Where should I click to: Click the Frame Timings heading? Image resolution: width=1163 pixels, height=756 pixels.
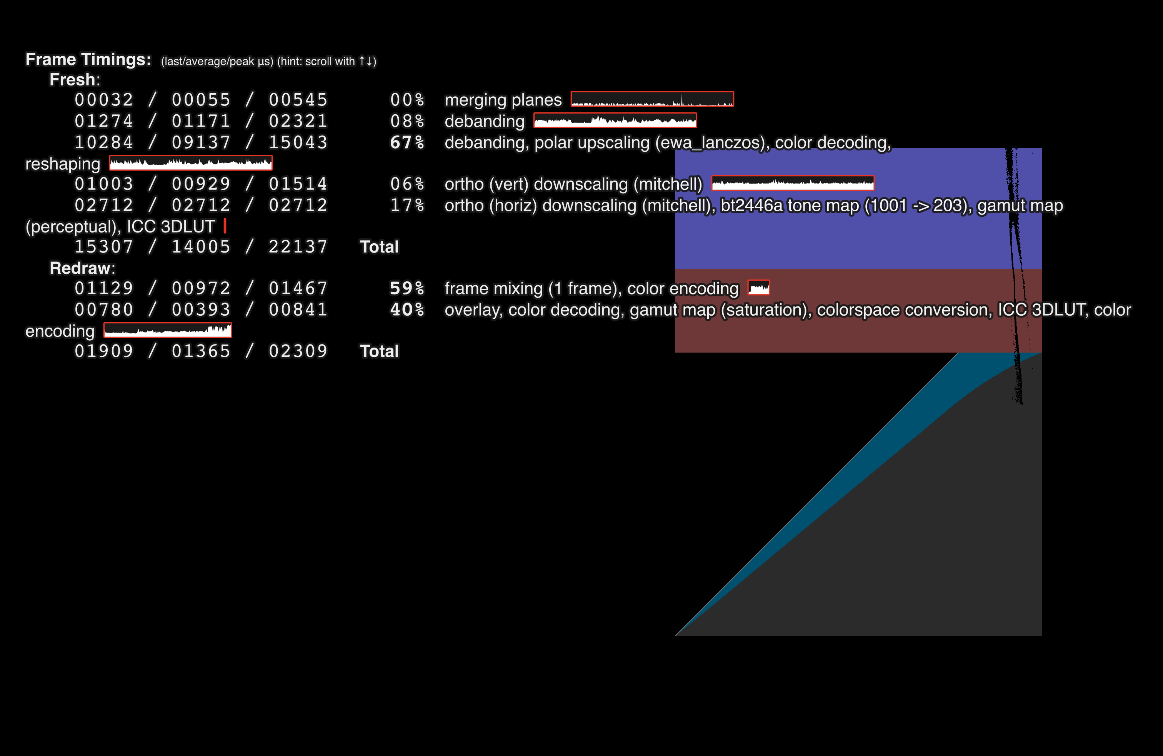[88, 59]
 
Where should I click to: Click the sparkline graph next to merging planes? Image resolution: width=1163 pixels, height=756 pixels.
[652, 99]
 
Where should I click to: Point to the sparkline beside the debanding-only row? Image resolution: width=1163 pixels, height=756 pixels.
[615, 120]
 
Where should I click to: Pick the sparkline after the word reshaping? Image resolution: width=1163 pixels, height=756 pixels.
[191, 163]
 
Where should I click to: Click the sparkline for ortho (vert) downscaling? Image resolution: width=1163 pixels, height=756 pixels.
[793, 183]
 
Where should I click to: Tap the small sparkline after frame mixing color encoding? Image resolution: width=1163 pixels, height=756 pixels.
[758, 288]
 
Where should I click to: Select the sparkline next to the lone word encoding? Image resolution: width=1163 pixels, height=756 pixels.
[168, 331]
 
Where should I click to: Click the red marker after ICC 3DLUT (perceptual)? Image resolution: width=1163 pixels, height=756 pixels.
[225, 226]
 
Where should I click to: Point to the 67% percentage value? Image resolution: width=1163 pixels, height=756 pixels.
[407, 142]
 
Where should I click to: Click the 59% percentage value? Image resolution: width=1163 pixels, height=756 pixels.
[407, 289]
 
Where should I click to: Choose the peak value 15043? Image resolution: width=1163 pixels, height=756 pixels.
[298, 142]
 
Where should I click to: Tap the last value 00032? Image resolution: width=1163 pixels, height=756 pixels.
[103, 100]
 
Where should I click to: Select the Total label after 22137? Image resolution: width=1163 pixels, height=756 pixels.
[379, 247]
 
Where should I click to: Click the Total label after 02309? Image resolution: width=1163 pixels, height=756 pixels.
[379, 351]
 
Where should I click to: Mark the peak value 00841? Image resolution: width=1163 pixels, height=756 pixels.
[298, 309]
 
